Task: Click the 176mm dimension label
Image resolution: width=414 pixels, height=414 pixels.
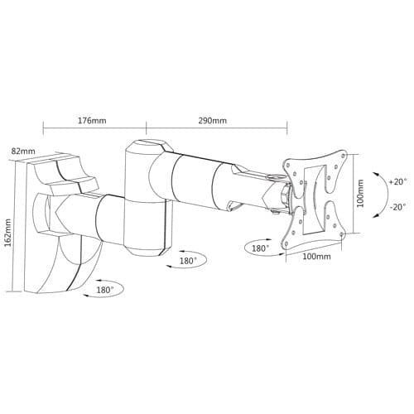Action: [92, 120]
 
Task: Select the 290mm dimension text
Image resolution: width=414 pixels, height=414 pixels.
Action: [213, 120]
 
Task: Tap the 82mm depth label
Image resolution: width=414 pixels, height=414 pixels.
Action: [24, 152]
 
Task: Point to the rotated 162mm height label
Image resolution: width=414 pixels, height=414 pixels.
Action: [9, 233]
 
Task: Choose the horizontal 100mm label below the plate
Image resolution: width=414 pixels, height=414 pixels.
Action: [317, 258]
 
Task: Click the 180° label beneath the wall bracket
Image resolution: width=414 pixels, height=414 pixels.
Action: [105, 291]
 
